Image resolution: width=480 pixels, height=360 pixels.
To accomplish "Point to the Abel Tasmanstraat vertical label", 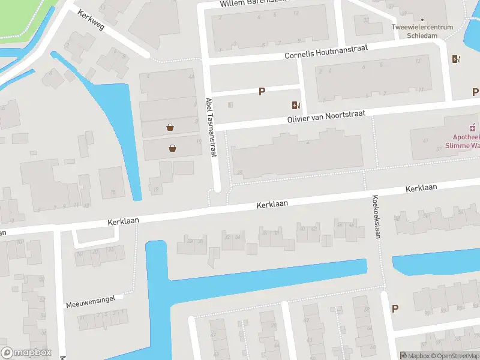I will pos(210,128).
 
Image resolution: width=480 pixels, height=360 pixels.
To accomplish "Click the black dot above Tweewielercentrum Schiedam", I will pos(422,19).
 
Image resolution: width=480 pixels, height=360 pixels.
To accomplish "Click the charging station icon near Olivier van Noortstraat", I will pos(296,105).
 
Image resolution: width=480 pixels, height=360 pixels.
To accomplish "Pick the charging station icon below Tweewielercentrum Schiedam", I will pos(455,58).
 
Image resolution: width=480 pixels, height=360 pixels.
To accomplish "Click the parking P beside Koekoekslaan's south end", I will pos(395,308).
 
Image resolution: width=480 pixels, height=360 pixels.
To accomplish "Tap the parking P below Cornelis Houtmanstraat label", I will pos(262,91).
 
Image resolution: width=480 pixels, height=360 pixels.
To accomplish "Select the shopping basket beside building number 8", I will pos(171,127).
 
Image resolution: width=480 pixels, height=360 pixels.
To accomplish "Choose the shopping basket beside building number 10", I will pos(173,148).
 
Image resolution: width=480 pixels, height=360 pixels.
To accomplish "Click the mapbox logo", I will pos(26,353).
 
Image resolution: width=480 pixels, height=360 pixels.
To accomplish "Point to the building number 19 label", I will pos(156,190).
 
